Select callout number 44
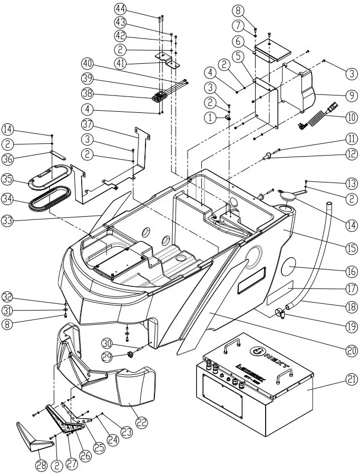tap(120, 9)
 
